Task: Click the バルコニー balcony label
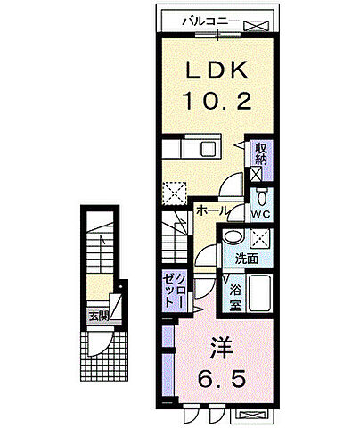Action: [x=210, y=21]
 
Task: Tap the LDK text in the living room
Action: [x=217, y=70]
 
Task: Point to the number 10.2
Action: [x=218, y=101]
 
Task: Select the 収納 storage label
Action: [x=261, y=154]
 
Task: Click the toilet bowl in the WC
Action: [x=262, y=197]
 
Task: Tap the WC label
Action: [x=261, y=214]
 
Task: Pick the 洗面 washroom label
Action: [x=247, y=259]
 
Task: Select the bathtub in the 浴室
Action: [x=260, y=293]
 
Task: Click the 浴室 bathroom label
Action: [x=235, y=297]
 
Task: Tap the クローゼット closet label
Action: [x=175, y=291]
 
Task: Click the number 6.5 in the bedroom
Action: [x=222, y=377]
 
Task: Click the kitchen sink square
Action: [x=209, y=149]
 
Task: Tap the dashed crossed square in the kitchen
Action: [x=175, y=193]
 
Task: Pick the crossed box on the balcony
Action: [x=256, y=26]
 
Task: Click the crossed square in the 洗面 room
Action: [x=260, y=238]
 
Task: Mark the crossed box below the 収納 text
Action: [x=256, y=174]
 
